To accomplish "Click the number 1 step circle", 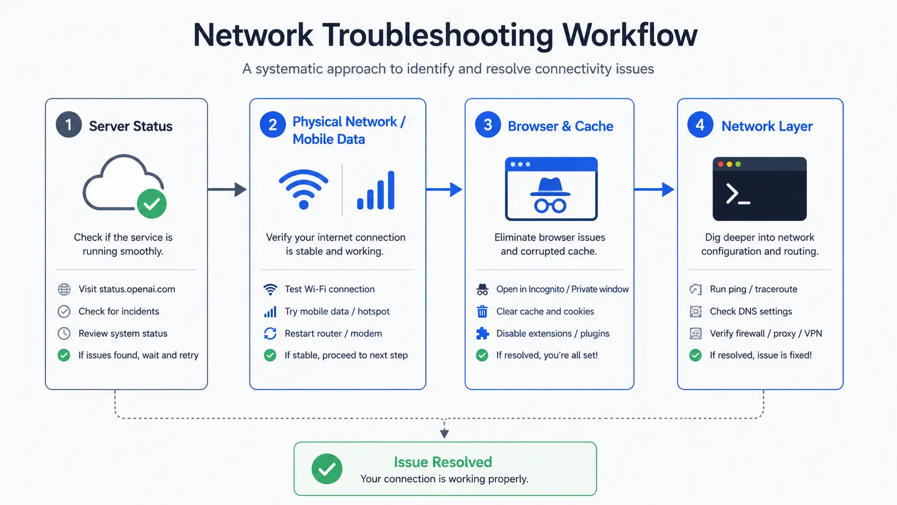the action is coord(69,125).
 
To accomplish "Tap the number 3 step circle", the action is coord(488,125).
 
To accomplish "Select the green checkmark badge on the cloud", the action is coord(152,204).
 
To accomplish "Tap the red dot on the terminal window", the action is coord(721,164).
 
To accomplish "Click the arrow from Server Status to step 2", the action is coord(227,189).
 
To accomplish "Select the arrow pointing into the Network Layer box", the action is coord(655,189).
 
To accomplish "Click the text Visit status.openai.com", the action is coord(127,289).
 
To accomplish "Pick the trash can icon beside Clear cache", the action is coord(482,311).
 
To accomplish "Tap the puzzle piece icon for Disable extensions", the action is coord(482,333).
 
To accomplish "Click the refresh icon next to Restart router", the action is coord(270,333).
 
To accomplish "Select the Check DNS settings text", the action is coord(751,311).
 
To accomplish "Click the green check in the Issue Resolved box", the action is coord(327,469).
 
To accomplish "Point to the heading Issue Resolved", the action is coord(443,462).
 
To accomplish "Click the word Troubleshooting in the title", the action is coord(438,36).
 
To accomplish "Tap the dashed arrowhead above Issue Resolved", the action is coord(444,433).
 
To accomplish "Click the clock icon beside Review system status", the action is coord(64,333).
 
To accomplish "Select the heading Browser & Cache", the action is coord(561,126).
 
